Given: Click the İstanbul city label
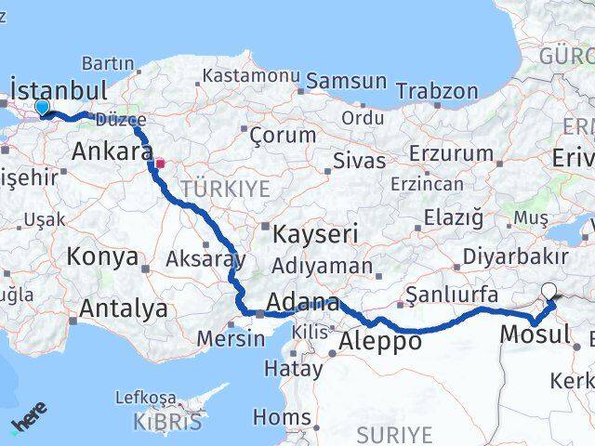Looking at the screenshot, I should pos(58,90).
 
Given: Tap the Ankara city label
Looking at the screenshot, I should pos(105,151).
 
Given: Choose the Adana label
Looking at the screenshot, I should pos(302,302).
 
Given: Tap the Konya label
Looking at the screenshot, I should pos(103,256).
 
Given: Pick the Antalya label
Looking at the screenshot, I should pos(124,308).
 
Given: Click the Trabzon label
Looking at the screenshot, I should pos(437,92).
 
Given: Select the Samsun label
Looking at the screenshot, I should pos(346,81).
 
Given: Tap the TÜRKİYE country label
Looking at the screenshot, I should pos(225,190).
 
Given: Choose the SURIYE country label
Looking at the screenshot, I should pos(395,434).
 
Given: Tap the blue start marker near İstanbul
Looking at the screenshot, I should pos(42,107).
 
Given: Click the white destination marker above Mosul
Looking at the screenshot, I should pos(549,291).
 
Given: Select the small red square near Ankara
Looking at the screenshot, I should pos(160,164).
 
